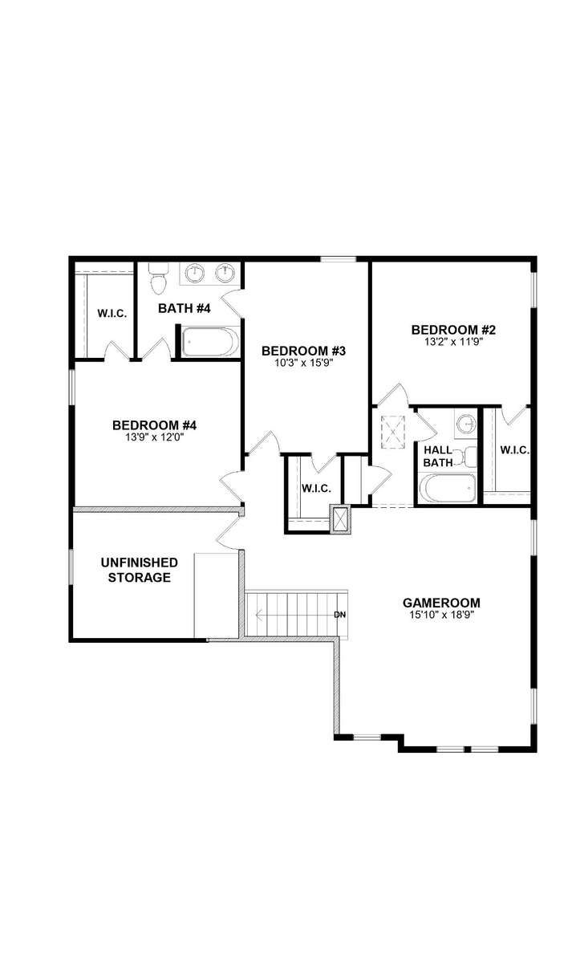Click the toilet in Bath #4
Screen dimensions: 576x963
point(158,278)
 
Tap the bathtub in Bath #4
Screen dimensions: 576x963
point(209,342)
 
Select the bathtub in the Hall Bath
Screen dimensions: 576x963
point(447,488)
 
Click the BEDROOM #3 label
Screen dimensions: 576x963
point(303,351)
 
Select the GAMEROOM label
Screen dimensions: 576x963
point(441,603)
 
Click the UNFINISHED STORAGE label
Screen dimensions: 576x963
point(140,570)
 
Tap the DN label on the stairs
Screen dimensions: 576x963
point(339,615)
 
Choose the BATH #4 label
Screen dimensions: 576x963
point(185,308)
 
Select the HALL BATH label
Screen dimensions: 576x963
point(438,457)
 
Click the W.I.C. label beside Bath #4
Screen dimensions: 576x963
point(112,314)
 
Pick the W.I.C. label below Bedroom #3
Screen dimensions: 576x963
point(316,489)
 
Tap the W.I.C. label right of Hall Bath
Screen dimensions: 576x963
point(514,450)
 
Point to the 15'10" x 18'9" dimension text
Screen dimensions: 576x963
point(441,615)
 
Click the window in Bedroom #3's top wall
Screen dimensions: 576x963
point(339,258)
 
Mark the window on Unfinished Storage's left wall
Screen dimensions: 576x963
point(71,567)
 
